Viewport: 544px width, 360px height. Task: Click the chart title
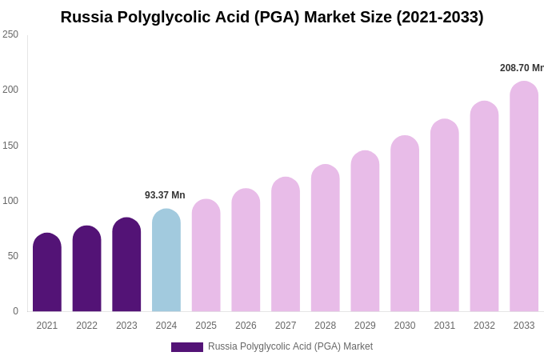click(x=272, y=17)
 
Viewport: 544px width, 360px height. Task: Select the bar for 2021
click(x=47, y=273)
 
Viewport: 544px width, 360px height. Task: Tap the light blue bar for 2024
click(x=166, y=261)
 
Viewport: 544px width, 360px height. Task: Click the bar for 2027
click(x=286, y=245)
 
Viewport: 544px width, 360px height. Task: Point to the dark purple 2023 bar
click(x=126, y=265)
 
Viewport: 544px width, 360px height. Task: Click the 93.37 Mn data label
click(x=165, y=195)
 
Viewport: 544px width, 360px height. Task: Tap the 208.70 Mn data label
click(x=521, y=68)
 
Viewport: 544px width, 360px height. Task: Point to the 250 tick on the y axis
click(x=10, y=34)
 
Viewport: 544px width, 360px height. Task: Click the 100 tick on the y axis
click(x=10, y=201)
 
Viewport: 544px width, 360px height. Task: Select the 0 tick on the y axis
click(x=15, y=311)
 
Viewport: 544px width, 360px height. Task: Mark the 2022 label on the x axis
click(x=86, y=326)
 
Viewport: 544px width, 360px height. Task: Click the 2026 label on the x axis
click(x=246, y=326)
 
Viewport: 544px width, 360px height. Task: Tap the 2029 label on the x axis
click(x=365, y=326)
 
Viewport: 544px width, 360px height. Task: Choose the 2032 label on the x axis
click(x=484, y=326)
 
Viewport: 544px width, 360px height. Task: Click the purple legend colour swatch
click(x=187, y=347)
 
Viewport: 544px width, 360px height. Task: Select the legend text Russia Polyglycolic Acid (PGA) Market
click(x=290, y=346)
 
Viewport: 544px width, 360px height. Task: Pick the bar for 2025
click(x=206, y=256)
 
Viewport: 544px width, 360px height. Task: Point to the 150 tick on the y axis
click(x=10, y=146)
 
